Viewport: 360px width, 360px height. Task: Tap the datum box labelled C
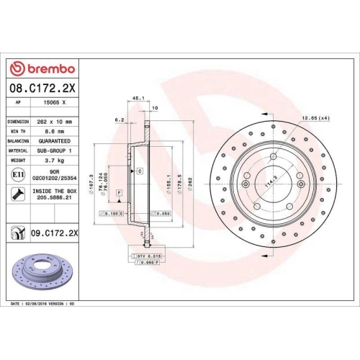coord(140,171)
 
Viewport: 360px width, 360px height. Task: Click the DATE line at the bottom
coord(44,305)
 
